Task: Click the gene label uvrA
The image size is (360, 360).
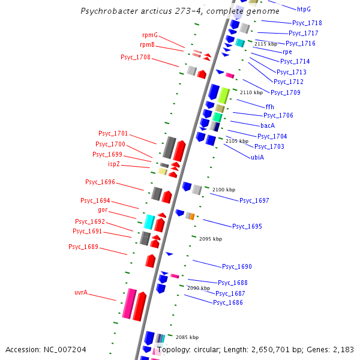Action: (x=81, y=293)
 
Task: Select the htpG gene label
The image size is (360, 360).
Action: (x=304, y=9)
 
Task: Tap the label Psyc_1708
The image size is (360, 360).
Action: (x=136, y=58)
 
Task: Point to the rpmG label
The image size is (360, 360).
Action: (x=150, y=35)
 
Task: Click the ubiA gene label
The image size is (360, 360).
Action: (x=257, y=157)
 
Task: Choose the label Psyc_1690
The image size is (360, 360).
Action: (x=237, y=266)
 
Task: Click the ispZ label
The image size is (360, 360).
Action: (x=115, y=164)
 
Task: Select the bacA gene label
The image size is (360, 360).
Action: (x=268, y=125)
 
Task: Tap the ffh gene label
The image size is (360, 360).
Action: (x=269, y=107)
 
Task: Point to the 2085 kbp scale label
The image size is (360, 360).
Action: (x=187, y=337)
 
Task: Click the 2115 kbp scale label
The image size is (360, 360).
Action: (x=266, y=44)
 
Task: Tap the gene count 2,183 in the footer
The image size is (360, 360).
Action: (x=343, y=349)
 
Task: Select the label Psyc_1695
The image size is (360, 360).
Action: (x=247, y=226)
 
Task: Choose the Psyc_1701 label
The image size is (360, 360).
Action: (x=113, y=133)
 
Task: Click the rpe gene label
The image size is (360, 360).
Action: (x=287, y=52)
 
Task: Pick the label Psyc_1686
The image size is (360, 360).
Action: (x=228, y=303)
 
